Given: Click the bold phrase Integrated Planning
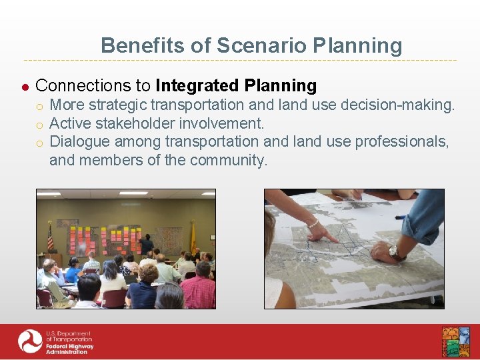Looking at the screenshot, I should coord(235,85).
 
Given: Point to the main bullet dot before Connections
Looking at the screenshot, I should coord(25,87).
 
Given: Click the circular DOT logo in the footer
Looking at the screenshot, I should coord(30,342).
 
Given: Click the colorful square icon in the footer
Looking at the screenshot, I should coord(455,342).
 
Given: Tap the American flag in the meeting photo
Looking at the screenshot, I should coord(50,237).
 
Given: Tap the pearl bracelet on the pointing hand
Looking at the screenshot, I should coord(311,223).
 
